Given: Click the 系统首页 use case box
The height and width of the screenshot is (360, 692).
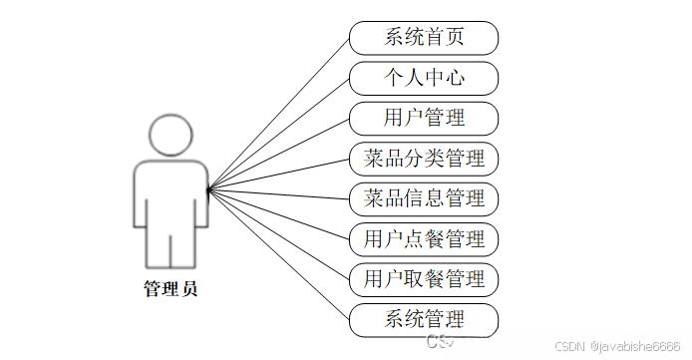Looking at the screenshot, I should (x=424, y=38).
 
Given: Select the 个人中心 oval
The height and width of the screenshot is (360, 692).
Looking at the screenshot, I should (x=424, y=78).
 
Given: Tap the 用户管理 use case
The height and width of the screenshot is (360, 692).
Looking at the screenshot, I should (x=424, y=118).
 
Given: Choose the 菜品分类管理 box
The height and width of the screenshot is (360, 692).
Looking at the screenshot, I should (x=424, y=159).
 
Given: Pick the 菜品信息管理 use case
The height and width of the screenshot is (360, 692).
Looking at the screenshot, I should (x=424, y=198).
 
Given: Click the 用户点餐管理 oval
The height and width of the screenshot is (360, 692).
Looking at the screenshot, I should (x=424, y=239).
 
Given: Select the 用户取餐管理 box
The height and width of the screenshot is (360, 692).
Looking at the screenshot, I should (x=424, y=278).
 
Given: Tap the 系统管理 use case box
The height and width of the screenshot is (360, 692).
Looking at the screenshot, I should (x=424, y=319).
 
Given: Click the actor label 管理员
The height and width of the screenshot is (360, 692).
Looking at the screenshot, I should (x=171, y=290).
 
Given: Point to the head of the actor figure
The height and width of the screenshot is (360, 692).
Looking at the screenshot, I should (x=171, y=134).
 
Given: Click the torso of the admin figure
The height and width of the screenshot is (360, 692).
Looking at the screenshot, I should (x=171, y=194).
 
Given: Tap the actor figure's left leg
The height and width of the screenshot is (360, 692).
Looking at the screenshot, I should (x=156, y=249).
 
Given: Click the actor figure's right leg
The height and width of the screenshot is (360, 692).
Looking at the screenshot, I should (x=185, y=249).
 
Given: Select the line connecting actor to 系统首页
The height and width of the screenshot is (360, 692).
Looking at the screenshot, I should (x=278, y=113).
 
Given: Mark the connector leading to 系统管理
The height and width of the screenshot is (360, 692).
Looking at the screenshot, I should (x=278, y=254).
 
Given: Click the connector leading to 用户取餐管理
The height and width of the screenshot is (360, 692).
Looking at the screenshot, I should (x=278, y=233).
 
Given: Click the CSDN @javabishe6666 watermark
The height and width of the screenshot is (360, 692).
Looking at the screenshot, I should (x=618, y=345).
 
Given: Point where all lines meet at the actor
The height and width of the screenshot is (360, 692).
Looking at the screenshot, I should (x=207, y=188).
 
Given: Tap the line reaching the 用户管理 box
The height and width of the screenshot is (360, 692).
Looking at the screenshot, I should (x=278, y=154).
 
